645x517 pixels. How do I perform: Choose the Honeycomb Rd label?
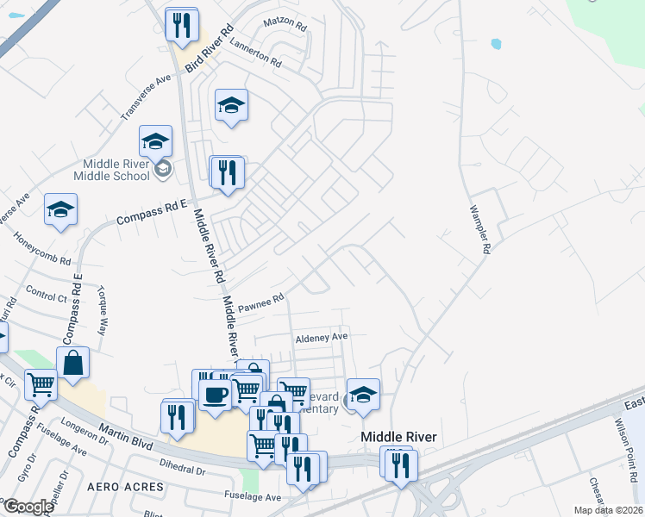42,247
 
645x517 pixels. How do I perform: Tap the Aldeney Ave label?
321,337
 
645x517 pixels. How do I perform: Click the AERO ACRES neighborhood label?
126,487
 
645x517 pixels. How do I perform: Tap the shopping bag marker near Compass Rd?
73,363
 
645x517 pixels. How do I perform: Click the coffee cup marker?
215,395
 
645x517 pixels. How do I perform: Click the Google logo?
28,507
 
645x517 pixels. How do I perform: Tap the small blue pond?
495,43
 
